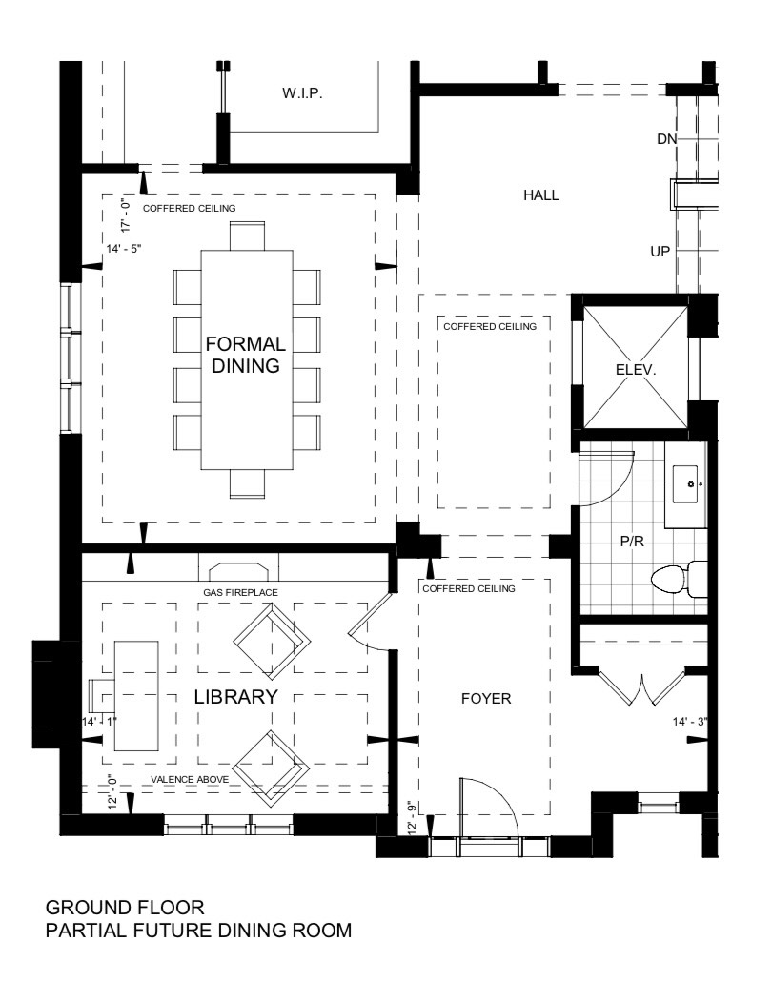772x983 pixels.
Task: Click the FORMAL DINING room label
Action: (x=246, y=355)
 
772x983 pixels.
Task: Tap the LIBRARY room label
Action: (x=235, y=697)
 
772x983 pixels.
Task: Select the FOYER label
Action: (x=486, y=698)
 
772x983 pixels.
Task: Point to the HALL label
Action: (x=541, y=195)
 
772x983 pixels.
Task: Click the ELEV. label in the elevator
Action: (x=636, y=370)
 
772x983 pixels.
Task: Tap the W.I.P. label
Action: (x=302, y=94)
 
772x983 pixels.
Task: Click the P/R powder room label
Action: (x=632, y=542)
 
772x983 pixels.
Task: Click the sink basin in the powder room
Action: (x=688, y=484)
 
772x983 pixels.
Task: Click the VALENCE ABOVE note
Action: (x=190, y=780)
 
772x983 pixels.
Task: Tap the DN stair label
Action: (x=667, y=138)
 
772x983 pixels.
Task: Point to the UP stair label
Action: (x=660, y=252)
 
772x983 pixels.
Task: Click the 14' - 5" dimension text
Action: (x=124, y=249)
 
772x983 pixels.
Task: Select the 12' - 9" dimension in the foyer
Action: (x=412, y=815)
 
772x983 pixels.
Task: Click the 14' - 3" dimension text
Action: (x=690, y=722)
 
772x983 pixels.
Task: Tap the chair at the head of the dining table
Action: (x=247, y=236)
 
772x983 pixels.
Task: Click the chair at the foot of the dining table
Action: (x=247, y=484)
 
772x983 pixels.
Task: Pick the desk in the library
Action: (x=136, y=696)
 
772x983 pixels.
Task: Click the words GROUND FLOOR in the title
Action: (x=125, y=908)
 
